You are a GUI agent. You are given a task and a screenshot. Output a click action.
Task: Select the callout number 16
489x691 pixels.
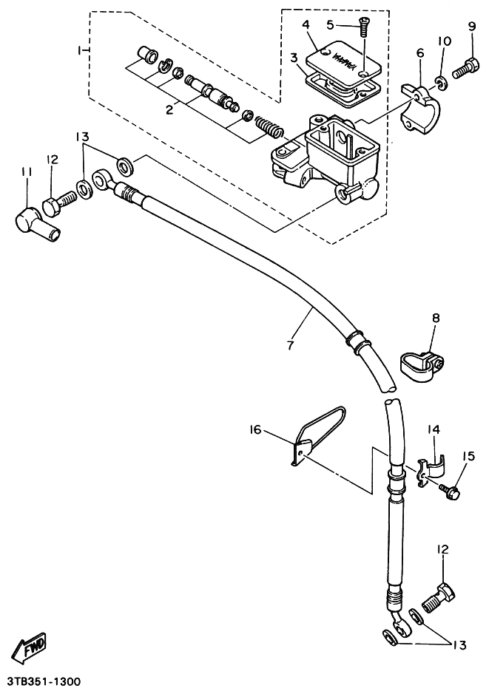pyautogui.click(x=256, y=429)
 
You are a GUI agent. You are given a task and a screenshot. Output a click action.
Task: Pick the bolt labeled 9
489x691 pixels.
pyautogui.click(x=465, y=70)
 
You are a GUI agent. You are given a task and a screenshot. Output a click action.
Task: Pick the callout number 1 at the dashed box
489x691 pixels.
pyautogui.click(x=80, y=51)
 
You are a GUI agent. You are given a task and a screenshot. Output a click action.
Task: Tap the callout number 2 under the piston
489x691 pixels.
pyautogui.click(x=169, y=109)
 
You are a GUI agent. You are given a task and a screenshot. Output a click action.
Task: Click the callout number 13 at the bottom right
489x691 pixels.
pyautogui.click(x=459, y=645)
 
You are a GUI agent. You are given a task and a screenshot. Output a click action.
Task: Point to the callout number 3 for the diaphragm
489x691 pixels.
pyautogui.click(x=294, y=57)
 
